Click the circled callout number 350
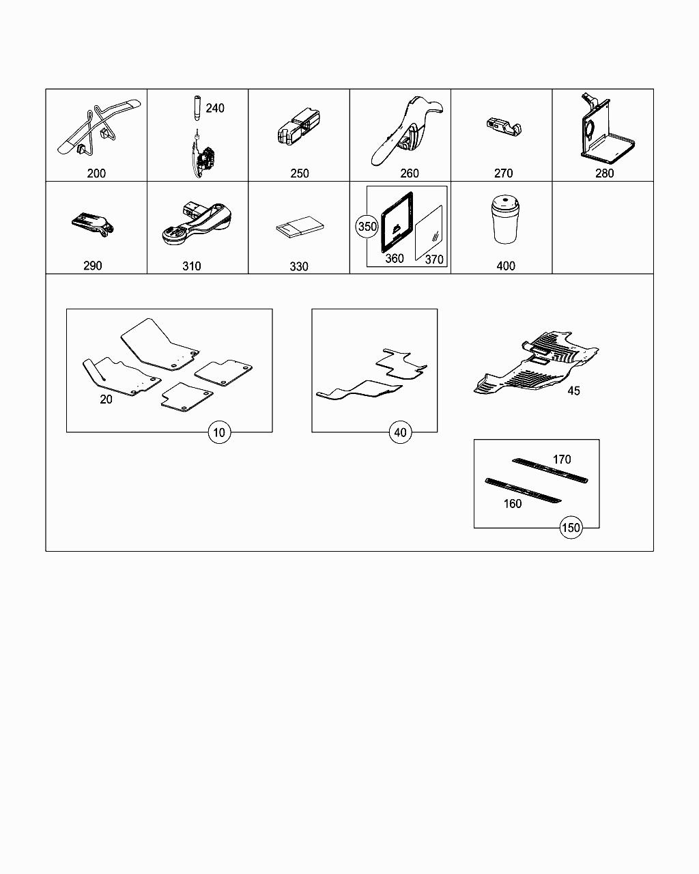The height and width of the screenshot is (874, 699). tap(367, 226)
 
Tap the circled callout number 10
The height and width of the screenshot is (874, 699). tap(219, 432)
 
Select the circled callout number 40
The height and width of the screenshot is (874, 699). tap(400, 432)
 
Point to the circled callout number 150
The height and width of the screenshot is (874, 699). tap(571, 528)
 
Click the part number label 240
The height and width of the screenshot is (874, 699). tap(215, 108)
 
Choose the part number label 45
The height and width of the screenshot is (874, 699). tap(573, 391)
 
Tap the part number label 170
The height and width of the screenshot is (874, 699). tap(562, 460)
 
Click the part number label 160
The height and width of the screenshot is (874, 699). tap(513, 504)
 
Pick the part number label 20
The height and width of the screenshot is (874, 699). tap(106, 399)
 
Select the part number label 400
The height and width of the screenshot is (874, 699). tap(506, 266)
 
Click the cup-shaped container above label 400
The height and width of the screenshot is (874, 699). tap(505, 219)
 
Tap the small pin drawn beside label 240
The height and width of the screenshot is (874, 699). tap(197, 108)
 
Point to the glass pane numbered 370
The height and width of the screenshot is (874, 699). tap(429, 233)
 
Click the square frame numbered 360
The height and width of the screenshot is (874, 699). tap(397, 222)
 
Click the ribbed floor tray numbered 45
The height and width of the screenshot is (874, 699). tap(536, 363)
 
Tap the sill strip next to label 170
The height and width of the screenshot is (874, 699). tap(550, 470)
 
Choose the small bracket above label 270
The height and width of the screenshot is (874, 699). tap(504, 127)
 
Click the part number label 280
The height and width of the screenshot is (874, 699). tap(604, 173)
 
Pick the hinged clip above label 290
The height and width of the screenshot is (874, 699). tap(93, 224)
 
